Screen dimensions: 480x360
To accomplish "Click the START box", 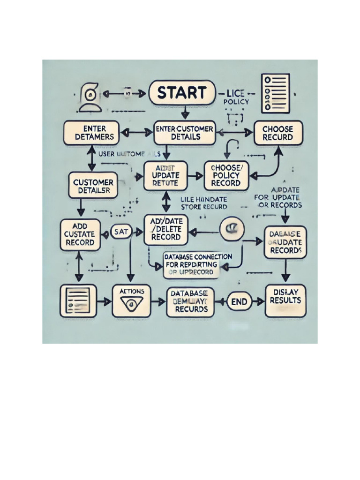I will pos(181,92).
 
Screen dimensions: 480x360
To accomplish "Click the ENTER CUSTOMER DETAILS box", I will pos(184,133).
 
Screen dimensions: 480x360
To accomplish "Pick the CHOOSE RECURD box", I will pos(278,133).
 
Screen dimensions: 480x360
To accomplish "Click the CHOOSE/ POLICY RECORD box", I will pos(226,175).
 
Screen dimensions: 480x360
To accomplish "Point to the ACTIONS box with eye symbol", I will pos(132,300).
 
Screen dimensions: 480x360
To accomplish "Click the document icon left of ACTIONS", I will pos(78,300).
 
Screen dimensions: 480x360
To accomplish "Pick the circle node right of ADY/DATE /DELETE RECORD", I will pos(232,229).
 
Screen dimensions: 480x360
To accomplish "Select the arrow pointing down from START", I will pos(185,112).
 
